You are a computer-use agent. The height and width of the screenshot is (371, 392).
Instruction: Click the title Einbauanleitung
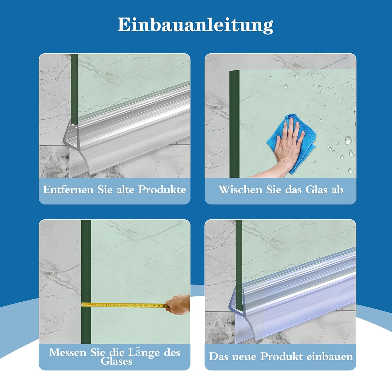click(x=195, y=25)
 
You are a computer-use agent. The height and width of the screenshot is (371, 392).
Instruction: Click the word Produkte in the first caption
click(x=162, y=190)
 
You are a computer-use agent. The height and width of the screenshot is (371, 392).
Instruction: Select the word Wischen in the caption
click(x=240, y=190)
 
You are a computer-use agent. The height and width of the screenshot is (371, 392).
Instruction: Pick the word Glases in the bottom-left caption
click(x=117, y=362)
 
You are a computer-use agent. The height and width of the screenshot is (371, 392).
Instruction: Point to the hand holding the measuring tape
click(x=179, y=304)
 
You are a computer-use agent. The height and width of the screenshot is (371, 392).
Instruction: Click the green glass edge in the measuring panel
click(x=86, y=262)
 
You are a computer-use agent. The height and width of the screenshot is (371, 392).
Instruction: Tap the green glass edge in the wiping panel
click(x=234, y=123)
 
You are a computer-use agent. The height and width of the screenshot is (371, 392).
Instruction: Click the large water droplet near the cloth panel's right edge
click(x=348, y=140)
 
